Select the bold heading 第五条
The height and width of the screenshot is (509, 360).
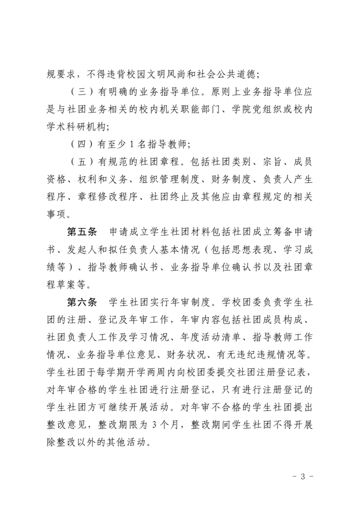pos(81,233)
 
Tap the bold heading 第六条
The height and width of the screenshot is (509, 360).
pos(81,302)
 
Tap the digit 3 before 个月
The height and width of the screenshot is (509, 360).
pos(155,424)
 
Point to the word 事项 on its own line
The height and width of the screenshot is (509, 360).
pos(57,215)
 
